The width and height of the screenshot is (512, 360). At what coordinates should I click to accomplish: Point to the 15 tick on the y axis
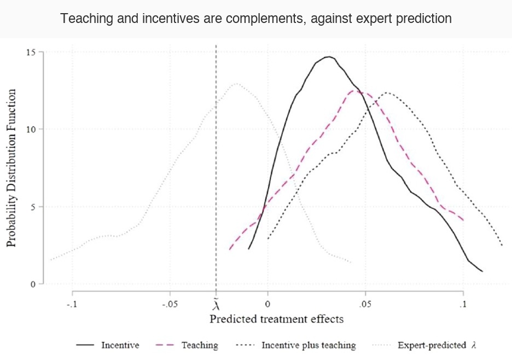pos(30,52)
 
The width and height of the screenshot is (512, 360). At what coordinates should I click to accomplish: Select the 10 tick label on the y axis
pos(30,129)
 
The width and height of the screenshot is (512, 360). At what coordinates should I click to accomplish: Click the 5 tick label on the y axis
pos(32,207)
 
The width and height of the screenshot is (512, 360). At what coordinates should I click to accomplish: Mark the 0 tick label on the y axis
pos(32,284)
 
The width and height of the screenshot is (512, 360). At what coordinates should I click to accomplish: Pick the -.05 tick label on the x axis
pos(170,304)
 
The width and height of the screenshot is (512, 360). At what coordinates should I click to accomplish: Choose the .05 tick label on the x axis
pos(365,304)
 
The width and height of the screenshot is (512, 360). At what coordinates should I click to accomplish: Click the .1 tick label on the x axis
pos(463,304)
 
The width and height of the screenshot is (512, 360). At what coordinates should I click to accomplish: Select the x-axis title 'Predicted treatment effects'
pos(277,319)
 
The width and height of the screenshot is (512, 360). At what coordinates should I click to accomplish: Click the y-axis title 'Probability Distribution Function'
pos(11,168)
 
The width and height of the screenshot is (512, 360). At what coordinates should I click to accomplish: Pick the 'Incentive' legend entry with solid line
pos(108,345)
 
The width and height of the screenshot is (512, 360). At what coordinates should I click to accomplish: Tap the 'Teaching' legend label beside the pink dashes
pos(200,345)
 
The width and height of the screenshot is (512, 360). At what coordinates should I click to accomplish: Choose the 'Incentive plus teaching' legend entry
pos(295,345)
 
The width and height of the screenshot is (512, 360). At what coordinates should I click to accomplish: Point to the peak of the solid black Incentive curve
pos(329,57)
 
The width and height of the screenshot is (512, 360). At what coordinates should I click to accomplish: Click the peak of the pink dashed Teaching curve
pos(353,91)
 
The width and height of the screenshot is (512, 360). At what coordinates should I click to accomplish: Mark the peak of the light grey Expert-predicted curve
pos(236,84)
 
